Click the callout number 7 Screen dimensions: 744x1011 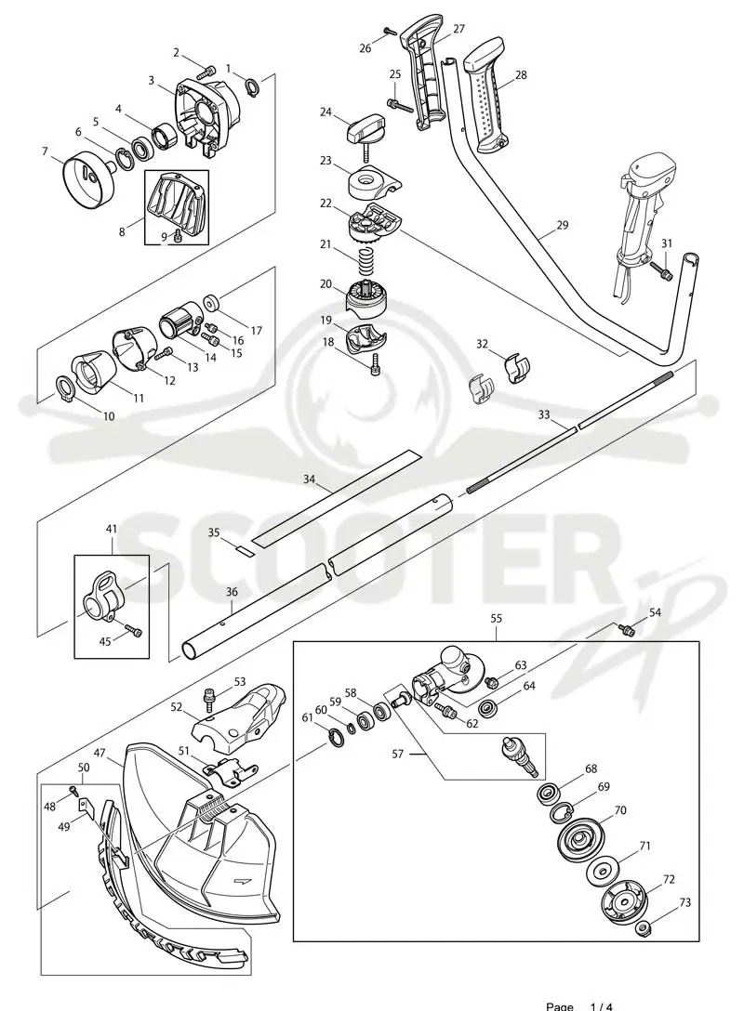(45, 151)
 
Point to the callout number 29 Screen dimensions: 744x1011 (563, 225)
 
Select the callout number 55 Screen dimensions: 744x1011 (496, 618)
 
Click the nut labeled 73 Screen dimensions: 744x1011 (643, 927)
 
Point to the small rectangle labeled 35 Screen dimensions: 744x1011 (244, 551)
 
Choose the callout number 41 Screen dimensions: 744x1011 (111, 530)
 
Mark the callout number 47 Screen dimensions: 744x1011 (100, 753)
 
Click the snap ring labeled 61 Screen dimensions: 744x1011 (335, 737)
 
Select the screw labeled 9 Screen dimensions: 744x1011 (179, 239)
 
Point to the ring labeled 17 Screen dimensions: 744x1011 (212, 302)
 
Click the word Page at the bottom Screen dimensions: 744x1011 (560, 1005)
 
